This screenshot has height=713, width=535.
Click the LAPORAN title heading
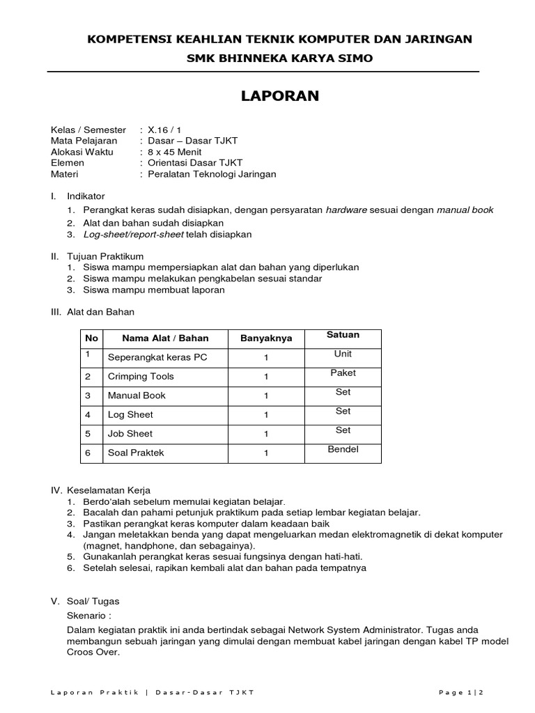(x=279, y=97)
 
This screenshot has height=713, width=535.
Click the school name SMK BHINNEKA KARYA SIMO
(x=279, y=58)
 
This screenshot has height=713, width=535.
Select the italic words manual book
(x=465, y=210)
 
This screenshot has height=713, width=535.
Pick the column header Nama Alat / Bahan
(x=165, y=338)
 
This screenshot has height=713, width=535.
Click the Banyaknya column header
(x=266, y=338)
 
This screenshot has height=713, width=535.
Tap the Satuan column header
(x=343, y=335)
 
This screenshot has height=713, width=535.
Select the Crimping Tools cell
(x=141, y=377)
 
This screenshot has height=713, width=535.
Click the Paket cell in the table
(x=343, y=373)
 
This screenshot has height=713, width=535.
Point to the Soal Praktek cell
(x=136, y=453)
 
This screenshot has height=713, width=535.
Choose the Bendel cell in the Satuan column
(x=343, y=449)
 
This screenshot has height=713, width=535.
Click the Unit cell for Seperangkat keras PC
(x=343, y=354)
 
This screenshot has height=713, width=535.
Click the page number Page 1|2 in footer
(x=461, y=691)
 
